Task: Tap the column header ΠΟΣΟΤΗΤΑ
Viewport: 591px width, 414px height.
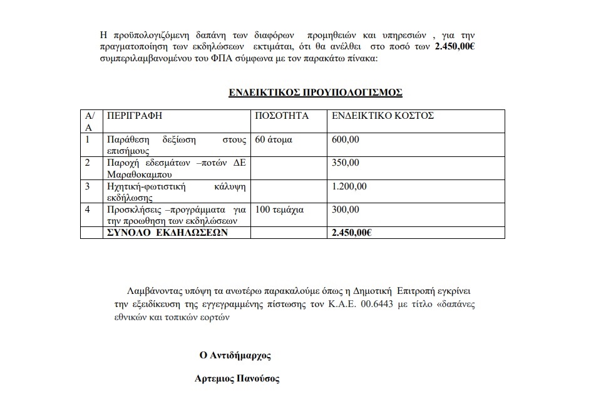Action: tap(282, 116)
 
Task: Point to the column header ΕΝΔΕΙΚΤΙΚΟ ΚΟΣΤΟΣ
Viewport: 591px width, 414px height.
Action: tap(383, 116)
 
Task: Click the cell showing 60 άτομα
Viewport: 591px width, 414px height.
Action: tap(274, 139)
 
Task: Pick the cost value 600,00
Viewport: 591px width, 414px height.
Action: tap(346, 139)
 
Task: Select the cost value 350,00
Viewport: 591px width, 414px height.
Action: tap(346, 163)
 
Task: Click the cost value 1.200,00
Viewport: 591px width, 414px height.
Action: tap(349, 186)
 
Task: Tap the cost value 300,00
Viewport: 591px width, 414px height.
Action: tap(346, 210)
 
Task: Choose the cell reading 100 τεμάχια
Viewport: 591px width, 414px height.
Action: tap(280, 210)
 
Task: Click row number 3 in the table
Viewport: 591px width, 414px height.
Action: tap(88, 186)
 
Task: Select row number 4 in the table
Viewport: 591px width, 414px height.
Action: tap(88, 210)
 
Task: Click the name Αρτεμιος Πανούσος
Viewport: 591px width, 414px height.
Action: tap(238, 378)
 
